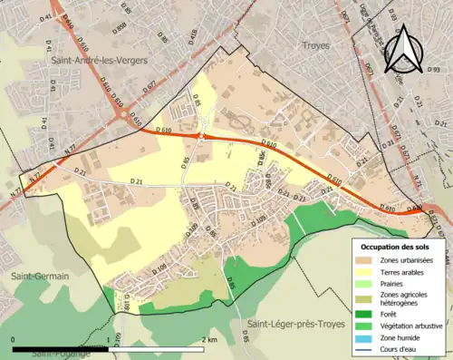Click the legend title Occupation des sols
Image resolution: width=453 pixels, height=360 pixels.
[394, 247]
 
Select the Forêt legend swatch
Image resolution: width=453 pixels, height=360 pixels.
[366, 313]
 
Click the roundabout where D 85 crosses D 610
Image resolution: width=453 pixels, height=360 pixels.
[201, 137]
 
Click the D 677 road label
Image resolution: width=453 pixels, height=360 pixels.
[345, 14]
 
